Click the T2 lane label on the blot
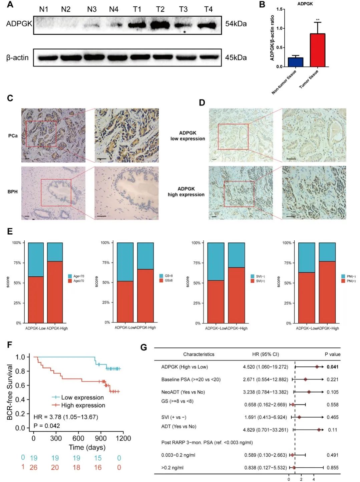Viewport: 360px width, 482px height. click(x=160, y=9)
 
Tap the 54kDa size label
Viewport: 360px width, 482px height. click(x=236, y=24)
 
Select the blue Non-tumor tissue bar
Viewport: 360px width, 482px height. click(x=295, y=62)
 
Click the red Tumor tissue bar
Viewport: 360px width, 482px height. click(x=317, y=50)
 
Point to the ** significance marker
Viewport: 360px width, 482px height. click(x=318, y=20)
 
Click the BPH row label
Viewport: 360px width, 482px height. click(x=12, y=192)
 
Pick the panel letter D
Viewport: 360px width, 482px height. click(x=202, y=102)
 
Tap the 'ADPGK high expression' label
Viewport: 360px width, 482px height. click(x=186, y=192)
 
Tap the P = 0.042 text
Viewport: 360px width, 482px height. click(x=47, y=426)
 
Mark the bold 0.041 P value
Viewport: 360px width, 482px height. click(x=332, y=367)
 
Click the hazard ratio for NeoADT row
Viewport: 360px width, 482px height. click(x=265, y=392)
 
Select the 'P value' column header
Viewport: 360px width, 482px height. click(x=332, y=354)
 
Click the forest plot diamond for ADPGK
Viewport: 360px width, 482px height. click(x=317, y=367)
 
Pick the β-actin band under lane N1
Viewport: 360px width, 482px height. click(x=48, y=58)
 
